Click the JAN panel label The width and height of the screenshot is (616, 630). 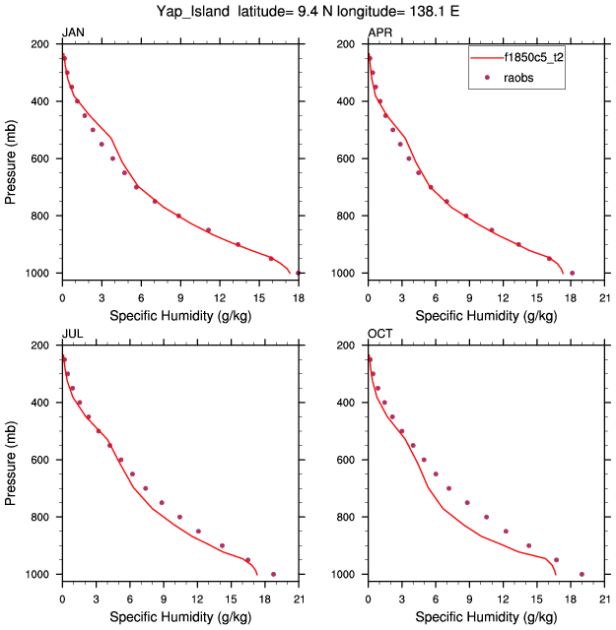pos(73,33)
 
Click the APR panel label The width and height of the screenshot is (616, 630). pos(378,33)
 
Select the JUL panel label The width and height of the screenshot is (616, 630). pos(72,335)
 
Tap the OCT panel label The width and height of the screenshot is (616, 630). pos(379,335)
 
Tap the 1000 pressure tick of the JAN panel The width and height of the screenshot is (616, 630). pos(40,273)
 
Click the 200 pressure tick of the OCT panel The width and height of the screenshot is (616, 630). pos(349,346)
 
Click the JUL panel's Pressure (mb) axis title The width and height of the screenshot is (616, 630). pos(11,459)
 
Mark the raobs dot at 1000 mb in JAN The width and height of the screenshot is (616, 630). pos(298,273)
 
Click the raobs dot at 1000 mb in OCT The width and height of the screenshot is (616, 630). pos(582,574)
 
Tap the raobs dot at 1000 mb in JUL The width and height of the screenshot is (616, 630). pos(273,574)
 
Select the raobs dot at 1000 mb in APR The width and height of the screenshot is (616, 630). pos(572,273)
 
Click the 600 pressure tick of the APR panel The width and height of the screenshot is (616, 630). pos(349,158)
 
